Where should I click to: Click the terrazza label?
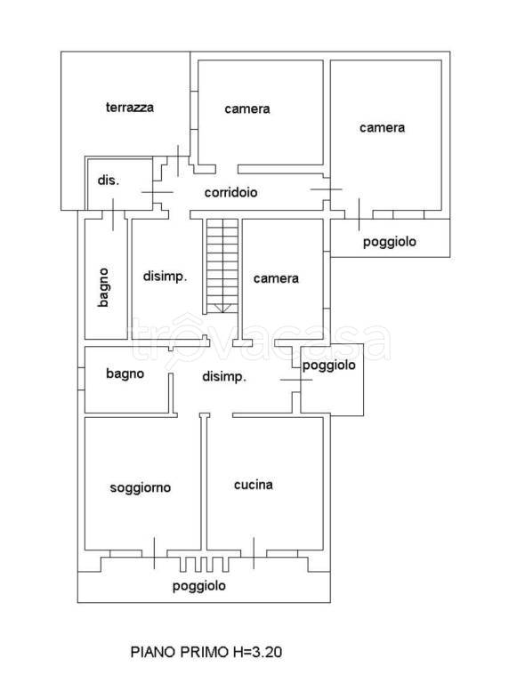[129, 108]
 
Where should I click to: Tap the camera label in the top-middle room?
[246, 109]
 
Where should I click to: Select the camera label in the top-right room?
[382, 127]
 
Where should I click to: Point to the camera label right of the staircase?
[276, 278]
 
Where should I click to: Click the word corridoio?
[230, 192]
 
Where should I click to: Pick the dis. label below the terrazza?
[108, 181]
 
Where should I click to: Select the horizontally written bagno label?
[125, 374]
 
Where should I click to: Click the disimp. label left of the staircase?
[165, 277]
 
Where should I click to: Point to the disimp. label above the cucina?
[224, 377]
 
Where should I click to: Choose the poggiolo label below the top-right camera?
[390, 242]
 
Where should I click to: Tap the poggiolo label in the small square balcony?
[329, 366]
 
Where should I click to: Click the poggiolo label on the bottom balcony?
[199, 585]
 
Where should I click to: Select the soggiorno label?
[141, 487]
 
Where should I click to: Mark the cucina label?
[253, 485]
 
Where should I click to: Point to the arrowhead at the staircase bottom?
[222, 308]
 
